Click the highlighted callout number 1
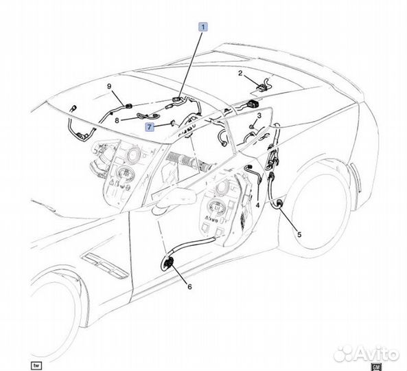203,27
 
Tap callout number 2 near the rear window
240,74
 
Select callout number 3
259,115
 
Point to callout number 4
257,205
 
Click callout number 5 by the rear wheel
299,234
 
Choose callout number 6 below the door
189,286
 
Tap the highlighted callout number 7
149,127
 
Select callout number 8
117,120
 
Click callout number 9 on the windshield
109,87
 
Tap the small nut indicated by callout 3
251,126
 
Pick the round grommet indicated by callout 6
168,263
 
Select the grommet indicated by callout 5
279,203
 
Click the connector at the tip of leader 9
128,106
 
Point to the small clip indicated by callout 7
172,122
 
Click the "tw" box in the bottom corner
36,366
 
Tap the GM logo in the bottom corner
376,367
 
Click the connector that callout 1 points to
177,99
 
